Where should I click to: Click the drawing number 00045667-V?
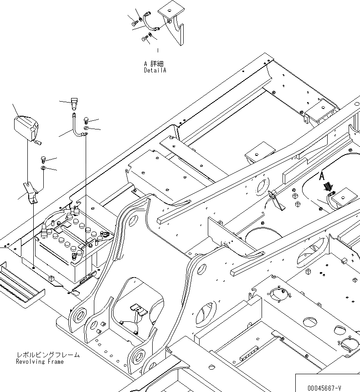pos(324,388)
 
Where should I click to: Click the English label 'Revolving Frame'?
pos(40,361)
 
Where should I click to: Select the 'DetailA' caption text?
pos(155,71)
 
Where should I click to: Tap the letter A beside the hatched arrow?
pos(321,175)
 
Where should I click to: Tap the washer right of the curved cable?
pos(87,129)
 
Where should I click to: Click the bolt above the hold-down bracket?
pos(43,160)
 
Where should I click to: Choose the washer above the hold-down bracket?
pos(43,169)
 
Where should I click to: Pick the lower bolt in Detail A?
pos(145,39)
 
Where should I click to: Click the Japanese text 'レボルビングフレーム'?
pos(48,355)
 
